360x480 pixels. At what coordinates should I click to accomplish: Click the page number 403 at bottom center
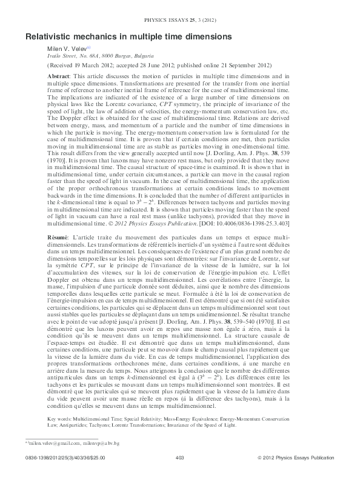pyautogui.click(x=179, y=473)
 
